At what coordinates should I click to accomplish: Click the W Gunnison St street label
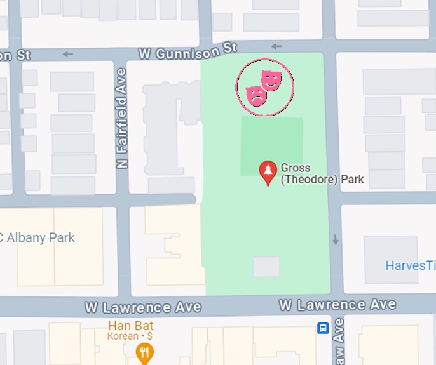(x=187, y=50)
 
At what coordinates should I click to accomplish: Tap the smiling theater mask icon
(x=271, y=79)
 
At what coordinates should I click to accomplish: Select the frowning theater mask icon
(x=256, y=95)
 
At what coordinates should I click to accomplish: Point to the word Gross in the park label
(x=296, y=168)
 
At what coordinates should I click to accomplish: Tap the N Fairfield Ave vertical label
(x=122, y=118)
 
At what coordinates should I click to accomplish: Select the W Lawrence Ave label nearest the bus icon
(x=337, y=305)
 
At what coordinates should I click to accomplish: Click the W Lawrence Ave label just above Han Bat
(x=144, y=307)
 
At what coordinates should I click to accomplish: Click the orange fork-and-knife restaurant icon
(x=146, y=352)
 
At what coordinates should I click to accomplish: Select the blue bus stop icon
(x=323, y=328)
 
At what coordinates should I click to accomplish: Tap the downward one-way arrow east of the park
(x=336, y=240)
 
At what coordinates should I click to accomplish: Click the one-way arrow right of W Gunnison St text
(x=276, y=46)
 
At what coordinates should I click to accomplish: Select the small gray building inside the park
(x=266, y=267)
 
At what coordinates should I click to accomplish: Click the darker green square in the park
(x=271, y=146)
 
